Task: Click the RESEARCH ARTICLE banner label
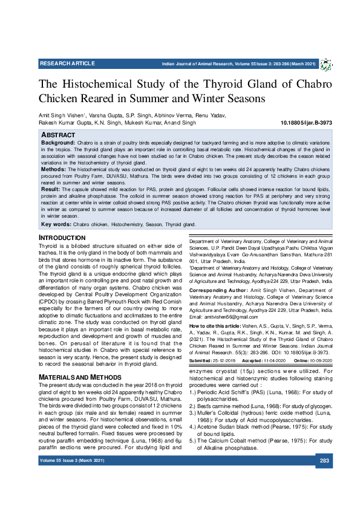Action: pyautogui.click(x=67, y=63)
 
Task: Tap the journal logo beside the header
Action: pyautogui.click(x=326, y=65)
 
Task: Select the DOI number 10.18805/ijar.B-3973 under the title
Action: pyautogui.click(x=299, y=122)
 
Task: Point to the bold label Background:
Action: pyautogui.click(x=57, y=141)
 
